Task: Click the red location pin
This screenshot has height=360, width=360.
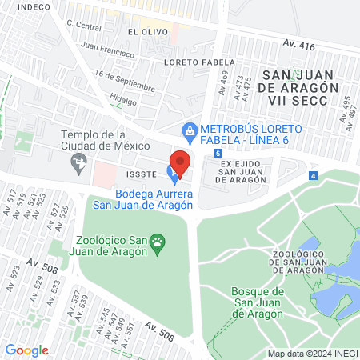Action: (x=181, y=162)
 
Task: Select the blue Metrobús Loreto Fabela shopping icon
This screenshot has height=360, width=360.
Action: (x=190, y=129)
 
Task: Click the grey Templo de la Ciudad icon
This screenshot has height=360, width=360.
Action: (x=78, y=163)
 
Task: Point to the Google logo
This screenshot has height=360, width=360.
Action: (x=26, y=350)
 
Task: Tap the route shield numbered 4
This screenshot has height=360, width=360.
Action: (x=314, y=175)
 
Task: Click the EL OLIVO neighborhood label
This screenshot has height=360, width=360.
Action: (x=145, y=31)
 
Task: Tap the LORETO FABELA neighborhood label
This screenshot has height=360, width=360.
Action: (x=191, y=62)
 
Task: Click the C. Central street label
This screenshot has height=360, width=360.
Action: (x=84, y=24)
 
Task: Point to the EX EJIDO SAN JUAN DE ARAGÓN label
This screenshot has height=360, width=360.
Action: (x=242, y=172)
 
